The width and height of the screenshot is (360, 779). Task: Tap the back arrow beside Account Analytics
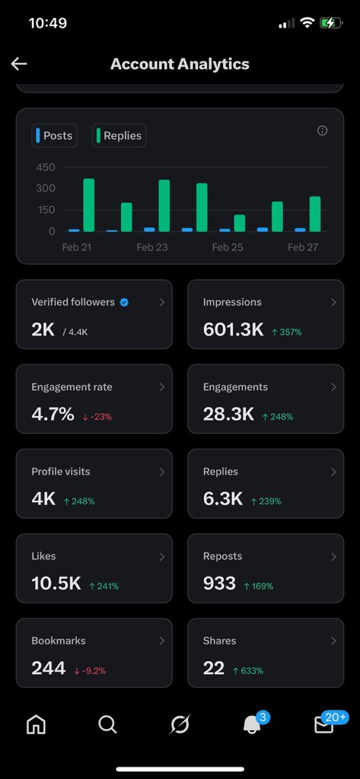19,64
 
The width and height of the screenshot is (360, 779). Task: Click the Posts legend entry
54,135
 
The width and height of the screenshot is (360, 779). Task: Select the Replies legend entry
119,135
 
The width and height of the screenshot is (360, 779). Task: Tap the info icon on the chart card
322,131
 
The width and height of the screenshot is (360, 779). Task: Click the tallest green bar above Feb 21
88,205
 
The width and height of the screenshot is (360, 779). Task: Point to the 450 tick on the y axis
46,167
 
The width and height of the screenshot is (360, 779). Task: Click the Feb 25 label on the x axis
227,247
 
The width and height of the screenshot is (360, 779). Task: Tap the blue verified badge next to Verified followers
124,302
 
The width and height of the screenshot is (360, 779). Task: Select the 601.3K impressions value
234,329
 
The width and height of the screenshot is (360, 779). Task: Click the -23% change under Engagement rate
97,416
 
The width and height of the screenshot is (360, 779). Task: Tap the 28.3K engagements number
229,415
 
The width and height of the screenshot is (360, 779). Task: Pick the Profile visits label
61,472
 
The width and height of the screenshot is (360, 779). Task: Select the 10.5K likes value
56,583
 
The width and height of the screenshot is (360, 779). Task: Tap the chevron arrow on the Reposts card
333,557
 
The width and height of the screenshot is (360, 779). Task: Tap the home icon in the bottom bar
36,725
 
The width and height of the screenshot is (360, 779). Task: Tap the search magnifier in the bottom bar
107,725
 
